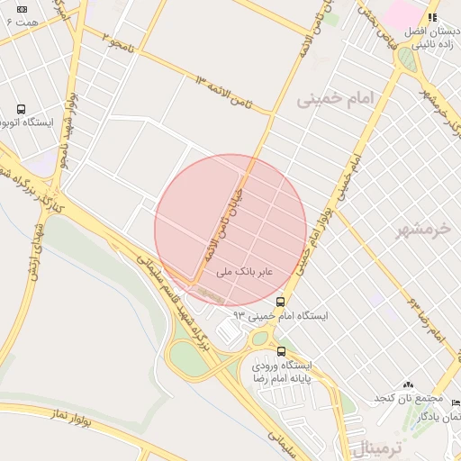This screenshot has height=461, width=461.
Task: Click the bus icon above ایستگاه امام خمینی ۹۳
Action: click(282, 302)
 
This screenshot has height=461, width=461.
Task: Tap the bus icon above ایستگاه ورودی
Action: click(282, 351)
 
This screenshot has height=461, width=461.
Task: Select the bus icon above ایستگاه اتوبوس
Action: click(21, 109)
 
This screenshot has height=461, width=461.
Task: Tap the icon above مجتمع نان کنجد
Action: click(409, 384)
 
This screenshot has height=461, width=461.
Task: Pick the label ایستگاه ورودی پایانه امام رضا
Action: click(280, 373)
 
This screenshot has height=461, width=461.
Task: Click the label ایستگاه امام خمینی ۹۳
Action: click(281, 316)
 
